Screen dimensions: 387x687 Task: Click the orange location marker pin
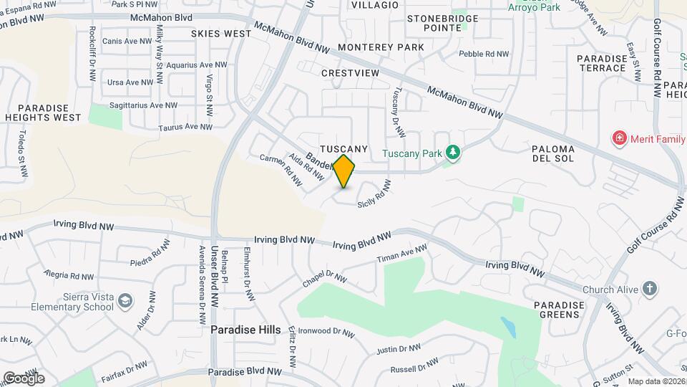coord(344,171)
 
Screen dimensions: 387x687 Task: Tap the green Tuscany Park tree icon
coord(452,152)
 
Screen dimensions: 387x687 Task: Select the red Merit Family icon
coord(619,138)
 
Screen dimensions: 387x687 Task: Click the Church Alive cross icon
coord(650,290)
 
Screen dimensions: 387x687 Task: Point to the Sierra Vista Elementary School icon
coord(125,300)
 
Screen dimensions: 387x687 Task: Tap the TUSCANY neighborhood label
coord(343,148)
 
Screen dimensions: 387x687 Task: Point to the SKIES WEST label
coord(221,34)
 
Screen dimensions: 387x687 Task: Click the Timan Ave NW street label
coord(401,257)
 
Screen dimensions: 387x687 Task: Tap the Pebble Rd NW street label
coord(484,54)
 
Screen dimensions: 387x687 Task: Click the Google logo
coord(23,378)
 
